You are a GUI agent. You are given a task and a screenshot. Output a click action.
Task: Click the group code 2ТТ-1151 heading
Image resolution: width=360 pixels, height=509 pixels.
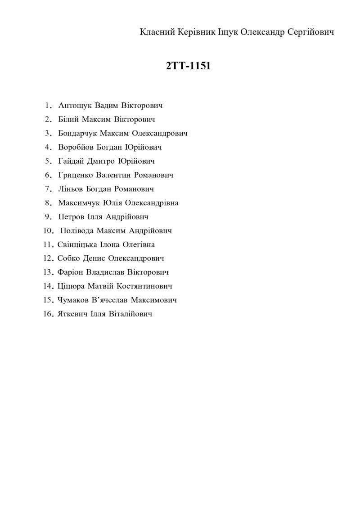188,66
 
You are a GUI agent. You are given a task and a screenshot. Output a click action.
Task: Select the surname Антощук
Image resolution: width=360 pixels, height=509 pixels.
76,106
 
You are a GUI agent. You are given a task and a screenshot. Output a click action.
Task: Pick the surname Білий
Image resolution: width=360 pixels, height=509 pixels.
69,120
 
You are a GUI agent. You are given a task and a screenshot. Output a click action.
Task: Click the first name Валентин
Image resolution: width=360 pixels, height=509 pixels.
113,175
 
